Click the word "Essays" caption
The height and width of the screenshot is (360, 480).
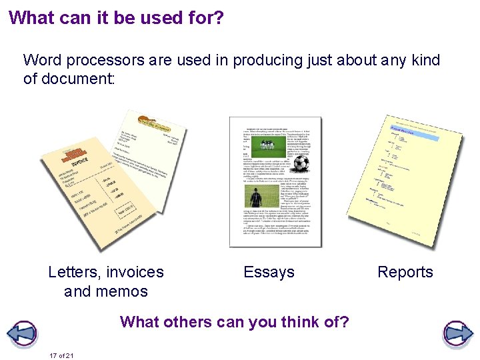pyautogui.click(x=269, y=272)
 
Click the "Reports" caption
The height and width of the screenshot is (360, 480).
pyautogui.click(x=405, y=272)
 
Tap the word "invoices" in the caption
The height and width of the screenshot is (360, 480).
pyautogui.click(x=135, y=272)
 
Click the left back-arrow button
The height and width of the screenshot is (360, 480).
pyautogui.click(x=22, y=333)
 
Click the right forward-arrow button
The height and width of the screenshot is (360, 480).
pyautogui.click(x=457, y=333)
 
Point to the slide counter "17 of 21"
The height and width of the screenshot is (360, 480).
pyautogui.click(x=61, y=355)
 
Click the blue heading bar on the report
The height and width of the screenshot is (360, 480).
pyautogui.click(x=413, y=134)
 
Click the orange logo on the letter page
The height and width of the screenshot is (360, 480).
pyautogui.click(x=153, y=122)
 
